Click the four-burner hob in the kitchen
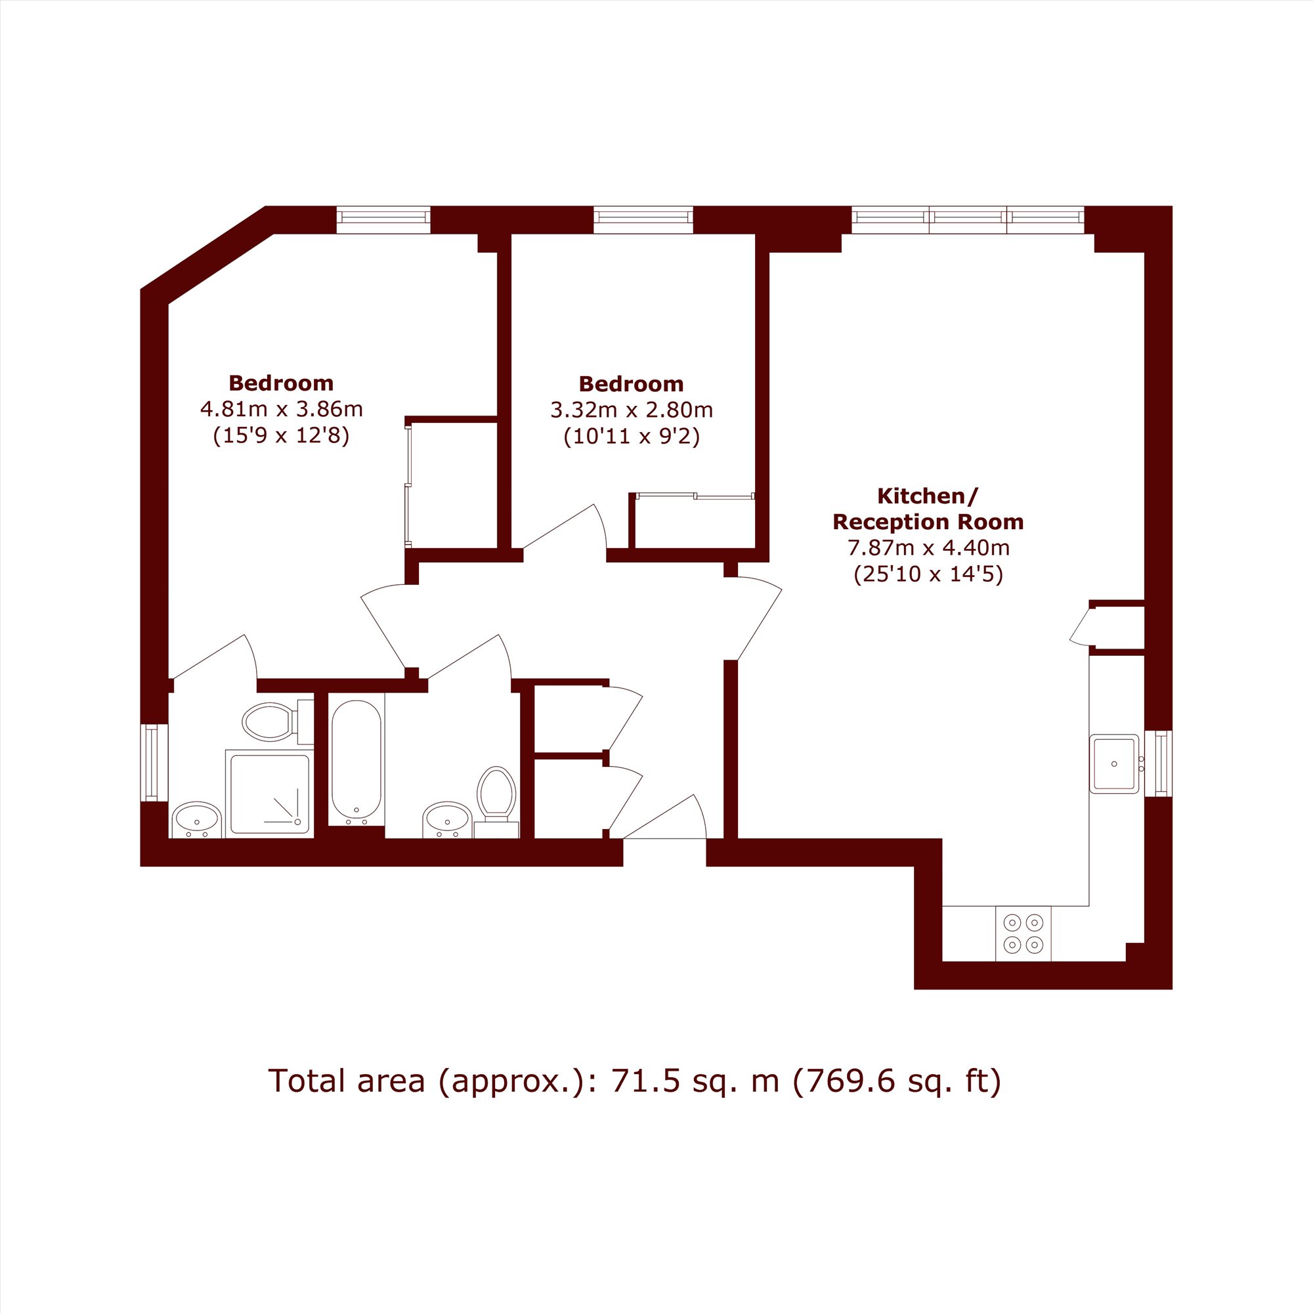1023,934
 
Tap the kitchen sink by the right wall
1114,764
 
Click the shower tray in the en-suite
270,794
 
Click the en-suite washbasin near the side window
197,820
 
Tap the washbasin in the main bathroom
447,820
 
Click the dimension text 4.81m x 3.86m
282,409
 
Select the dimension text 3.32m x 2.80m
632,410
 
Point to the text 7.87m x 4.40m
928,547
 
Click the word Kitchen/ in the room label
928,496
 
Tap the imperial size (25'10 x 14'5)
928,574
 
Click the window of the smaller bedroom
643,219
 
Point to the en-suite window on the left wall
154,762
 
